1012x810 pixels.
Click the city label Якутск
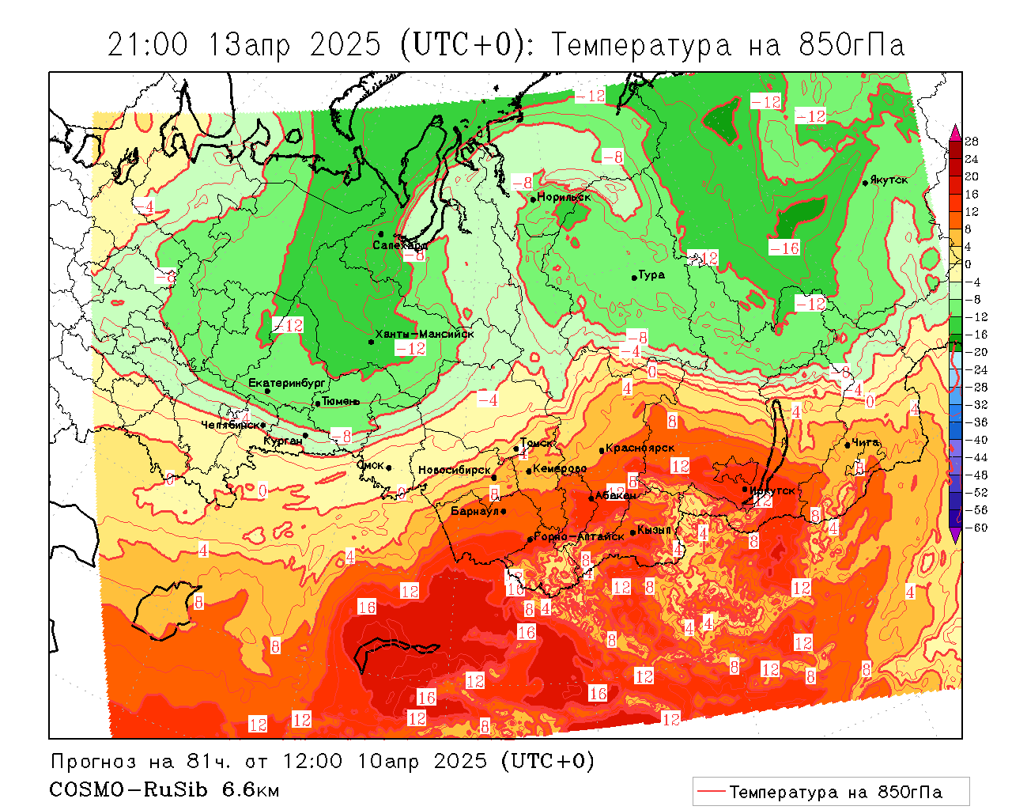(x=889, y=180)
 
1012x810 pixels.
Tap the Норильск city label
(x=564, y=197)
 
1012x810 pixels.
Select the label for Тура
(x=651, y=275)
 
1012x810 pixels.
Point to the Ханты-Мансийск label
(x=425, y=334)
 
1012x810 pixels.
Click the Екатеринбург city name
(x=287, y=383)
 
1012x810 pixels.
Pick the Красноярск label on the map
(x=640, y=448)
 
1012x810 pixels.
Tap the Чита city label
(x=866, y=442)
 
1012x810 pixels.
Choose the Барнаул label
(x=474, y=511)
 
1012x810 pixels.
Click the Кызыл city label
(x=654, y=530)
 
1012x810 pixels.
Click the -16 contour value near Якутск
(x=784, y=248)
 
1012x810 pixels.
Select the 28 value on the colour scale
(x=972, y=142)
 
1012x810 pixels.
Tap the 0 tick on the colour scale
(x=969, y=264)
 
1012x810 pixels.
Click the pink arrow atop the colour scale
(x=955, y=131)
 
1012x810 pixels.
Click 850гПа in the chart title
(x=852, y=45)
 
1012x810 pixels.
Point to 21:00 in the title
(x=148, y=45)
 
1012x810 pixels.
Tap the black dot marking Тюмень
(x=318, y=403)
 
